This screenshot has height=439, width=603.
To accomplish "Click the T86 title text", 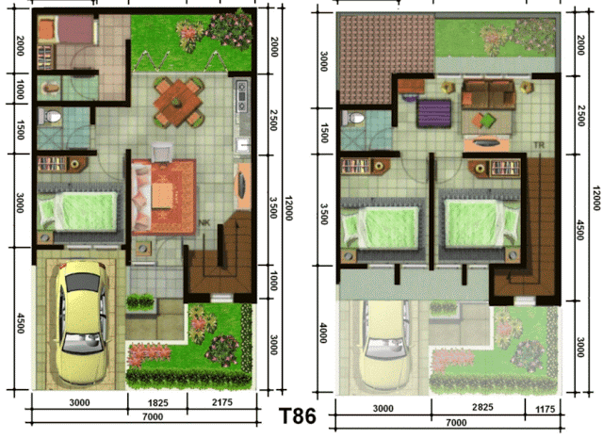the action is pyautogui.click(x=298, y=415).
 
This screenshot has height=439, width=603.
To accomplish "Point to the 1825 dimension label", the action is pyautogui.click(x=158, y=403).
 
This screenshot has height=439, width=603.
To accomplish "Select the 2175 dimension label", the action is pyautogui.click(x=222, y=402).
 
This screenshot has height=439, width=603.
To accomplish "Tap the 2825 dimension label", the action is pyautogui.click(x=482, y=407).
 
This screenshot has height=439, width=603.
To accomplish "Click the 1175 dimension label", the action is pyautogui.click(x=545, y=410).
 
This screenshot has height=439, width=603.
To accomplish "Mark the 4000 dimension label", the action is pyautogui.click(x=323, y=333).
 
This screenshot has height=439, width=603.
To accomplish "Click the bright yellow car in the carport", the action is pyautogui.click(x=82, y=322).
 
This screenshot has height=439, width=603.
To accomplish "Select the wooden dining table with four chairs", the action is pyautogui.click(x=177, y=102).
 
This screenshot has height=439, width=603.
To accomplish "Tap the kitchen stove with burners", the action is pyautogui.click(x=242, y=96).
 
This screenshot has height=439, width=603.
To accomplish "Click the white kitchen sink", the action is pyautogui.click(x=243, y=145).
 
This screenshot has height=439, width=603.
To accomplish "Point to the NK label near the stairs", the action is pyautogui.click(x=204, y=222).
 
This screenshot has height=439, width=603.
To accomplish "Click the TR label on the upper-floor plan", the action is pyautogui.click(x=539, y=145).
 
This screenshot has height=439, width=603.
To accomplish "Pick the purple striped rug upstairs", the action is pyautogui.click(x=433, y=113).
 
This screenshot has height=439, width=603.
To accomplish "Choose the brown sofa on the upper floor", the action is pyautogui.click(x=488, y=94).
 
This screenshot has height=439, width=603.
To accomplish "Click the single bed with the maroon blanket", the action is pyautogui.click(x=66, y=29).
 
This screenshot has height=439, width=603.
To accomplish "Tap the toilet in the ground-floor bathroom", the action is pyautogui.click(x=50, y=117).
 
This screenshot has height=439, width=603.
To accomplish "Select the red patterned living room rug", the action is pyautogui.click(x=164, y=197).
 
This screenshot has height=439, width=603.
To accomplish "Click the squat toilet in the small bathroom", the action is pyautogui.click(x=49, y=88).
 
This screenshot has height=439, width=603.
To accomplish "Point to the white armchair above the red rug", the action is pyautogui.click(x=162, y=153).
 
